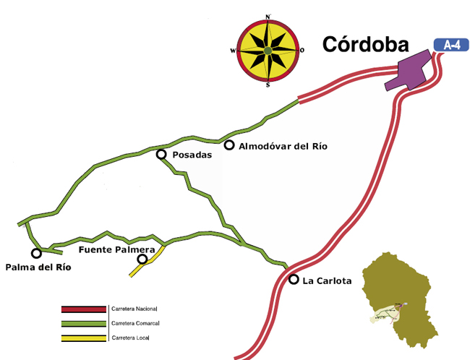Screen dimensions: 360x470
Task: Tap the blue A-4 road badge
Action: click(451, 44)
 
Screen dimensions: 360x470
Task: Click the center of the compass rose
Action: click(268, 51)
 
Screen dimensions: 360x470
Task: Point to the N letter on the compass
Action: click(268, 16)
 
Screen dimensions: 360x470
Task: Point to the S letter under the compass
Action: click(268, 85)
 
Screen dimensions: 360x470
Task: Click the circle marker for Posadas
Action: click(161, 154)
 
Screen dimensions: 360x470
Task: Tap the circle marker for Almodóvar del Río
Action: click(228, 146)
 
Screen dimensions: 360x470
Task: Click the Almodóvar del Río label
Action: click(283, 147)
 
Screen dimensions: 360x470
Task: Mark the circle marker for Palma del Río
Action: click(36, 253)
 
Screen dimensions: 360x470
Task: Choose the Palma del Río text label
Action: click(38, 267)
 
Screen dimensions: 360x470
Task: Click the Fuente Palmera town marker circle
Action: click(142, 259)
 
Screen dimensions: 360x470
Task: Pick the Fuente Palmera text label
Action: click(116, 249)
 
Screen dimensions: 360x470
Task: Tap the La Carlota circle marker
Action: click(294, 279)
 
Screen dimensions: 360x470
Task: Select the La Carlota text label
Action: click(327, 280)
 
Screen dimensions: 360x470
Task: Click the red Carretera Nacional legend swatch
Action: click(84, 309)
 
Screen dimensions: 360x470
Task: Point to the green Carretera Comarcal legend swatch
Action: click(84, 323)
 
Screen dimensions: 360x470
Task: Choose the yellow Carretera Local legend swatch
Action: click(84, 338)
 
